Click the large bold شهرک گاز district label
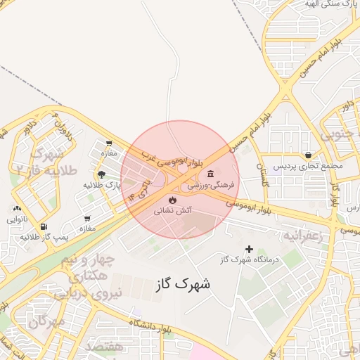point(181,285)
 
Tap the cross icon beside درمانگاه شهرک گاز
point(249,249)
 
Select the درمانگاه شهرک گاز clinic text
point(247,261)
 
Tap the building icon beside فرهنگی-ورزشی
point(210,174)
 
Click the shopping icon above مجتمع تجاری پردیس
point(308,155)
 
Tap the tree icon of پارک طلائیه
point(103,174)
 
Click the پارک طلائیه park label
point(103,185)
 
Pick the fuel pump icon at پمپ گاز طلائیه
point(44,226)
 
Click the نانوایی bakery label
point(18,219)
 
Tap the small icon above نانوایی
point(17,208)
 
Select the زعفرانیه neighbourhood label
point(302,236)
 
